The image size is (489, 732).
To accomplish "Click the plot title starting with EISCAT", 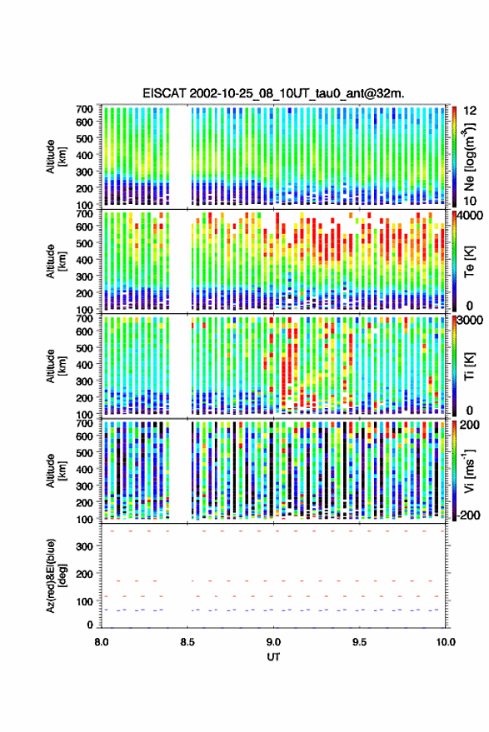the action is (274, 93).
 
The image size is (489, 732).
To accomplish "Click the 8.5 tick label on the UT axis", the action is (187, 642).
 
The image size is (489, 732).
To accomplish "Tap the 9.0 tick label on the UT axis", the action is (274, 642).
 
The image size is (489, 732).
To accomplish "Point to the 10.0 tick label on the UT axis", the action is (446, 642).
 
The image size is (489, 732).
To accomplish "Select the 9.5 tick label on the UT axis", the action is (360, 642).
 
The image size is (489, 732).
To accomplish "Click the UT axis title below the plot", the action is (274, 657).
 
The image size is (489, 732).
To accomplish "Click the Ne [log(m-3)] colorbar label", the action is (469, 157).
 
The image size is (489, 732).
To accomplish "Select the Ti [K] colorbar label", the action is (469, 366).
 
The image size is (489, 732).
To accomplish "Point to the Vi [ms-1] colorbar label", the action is (469, 471).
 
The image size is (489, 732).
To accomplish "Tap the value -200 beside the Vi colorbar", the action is (468, 515).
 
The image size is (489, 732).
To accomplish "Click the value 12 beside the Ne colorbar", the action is (471, 111).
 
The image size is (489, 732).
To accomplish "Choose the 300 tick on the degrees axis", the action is (84, 546).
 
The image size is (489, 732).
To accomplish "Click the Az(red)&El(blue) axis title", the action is (57, 575).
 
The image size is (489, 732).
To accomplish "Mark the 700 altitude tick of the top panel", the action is (84, 109).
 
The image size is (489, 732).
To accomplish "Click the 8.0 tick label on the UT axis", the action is (102, 642).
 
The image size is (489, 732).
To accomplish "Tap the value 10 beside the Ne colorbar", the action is (471, 202).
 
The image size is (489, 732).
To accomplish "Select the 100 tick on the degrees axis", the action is (84, 601).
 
